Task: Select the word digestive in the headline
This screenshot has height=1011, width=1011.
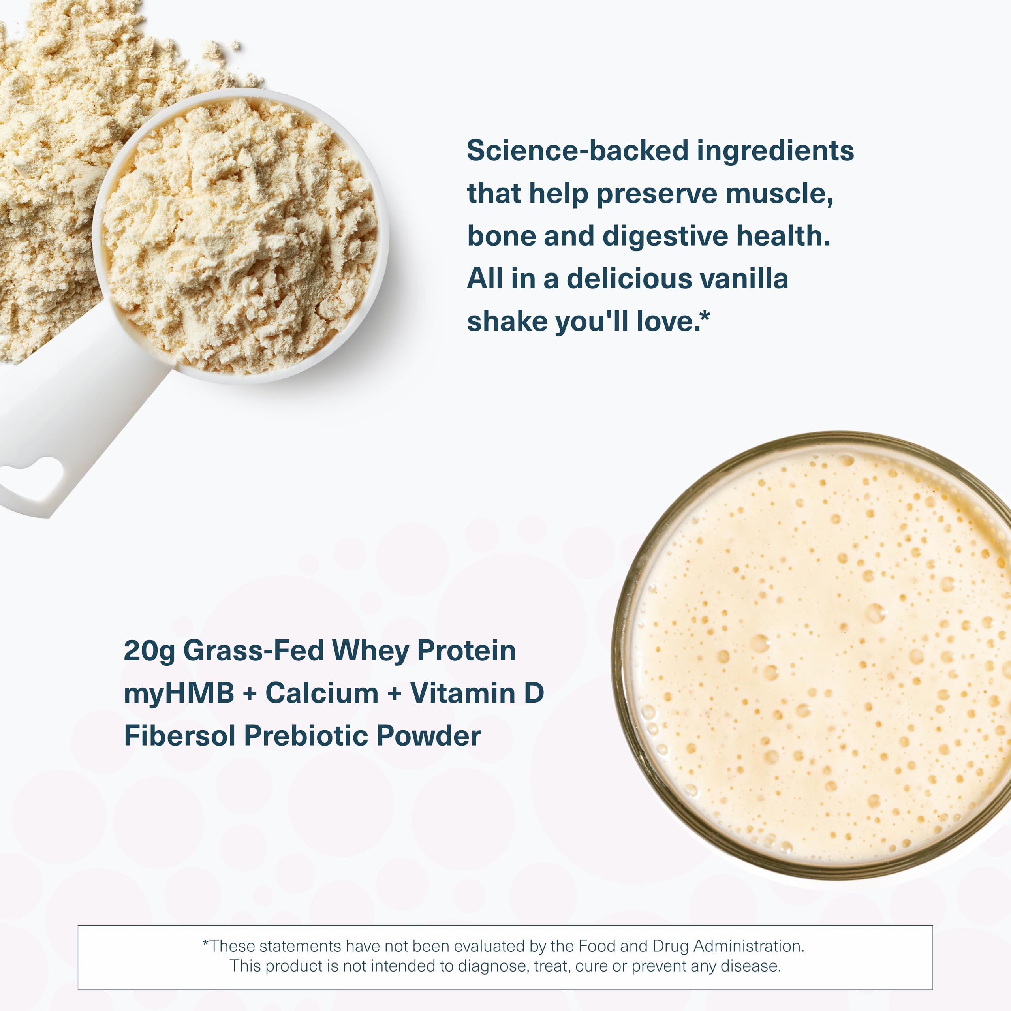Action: [665, 237]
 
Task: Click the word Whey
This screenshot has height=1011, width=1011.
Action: [370, 651]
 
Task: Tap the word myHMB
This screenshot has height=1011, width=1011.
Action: [179, 694]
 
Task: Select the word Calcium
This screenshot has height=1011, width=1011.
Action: [322, 693]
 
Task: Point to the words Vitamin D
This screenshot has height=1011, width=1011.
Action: [477, 693]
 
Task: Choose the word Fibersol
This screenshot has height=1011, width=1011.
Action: [179, 736]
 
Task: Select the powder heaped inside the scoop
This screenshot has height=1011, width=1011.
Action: [241, 235]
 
